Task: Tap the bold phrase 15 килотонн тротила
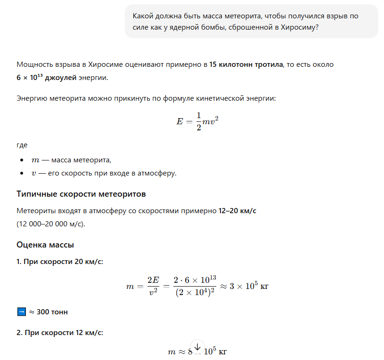245,64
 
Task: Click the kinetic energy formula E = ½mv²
197,121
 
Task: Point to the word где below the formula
22,145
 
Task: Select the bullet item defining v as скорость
103,174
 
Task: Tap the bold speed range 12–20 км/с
237,211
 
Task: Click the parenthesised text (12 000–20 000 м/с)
51,224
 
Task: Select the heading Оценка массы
45,245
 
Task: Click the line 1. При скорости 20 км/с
60,262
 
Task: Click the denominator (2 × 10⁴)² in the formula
195,293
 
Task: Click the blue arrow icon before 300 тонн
21,312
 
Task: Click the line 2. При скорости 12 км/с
60,333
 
